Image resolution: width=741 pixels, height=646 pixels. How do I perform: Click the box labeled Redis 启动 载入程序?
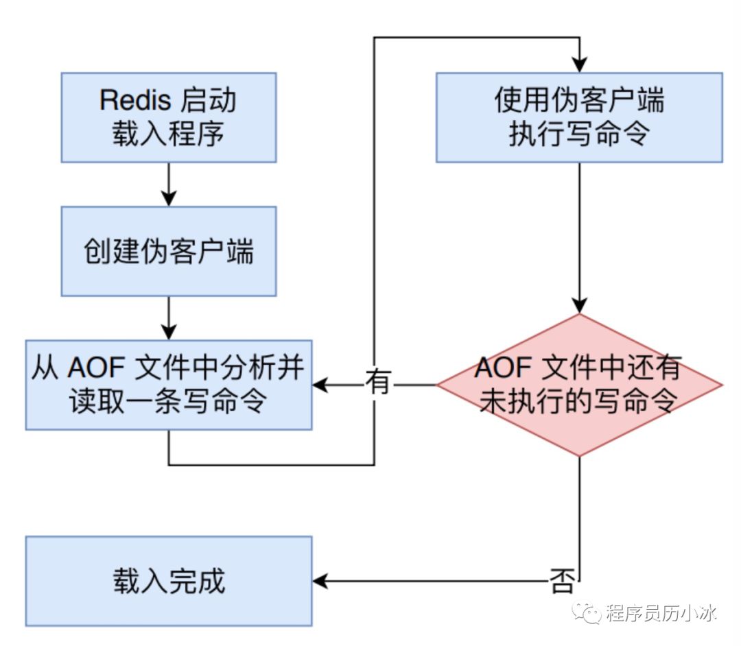169,117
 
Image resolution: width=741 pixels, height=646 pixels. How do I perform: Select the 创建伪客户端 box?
169,251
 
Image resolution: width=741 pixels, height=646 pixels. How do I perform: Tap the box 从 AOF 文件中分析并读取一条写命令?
169,385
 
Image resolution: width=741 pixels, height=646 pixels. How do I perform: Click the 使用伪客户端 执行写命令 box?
579,117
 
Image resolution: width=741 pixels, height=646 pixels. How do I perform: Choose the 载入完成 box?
169,582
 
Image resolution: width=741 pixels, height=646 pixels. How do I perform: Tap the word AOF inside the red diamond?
503,370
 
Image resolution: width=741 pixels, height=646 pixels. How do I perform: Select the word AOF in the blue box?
96,369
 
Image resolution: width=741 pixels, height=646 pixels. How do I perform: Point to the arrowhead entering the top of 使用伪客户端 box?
579,66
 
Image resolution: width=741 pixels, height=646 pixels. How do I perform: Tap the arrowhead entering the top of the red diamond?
579,307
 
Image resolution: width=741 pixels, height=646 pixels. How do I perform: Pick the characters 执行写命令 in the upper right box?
579,134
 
